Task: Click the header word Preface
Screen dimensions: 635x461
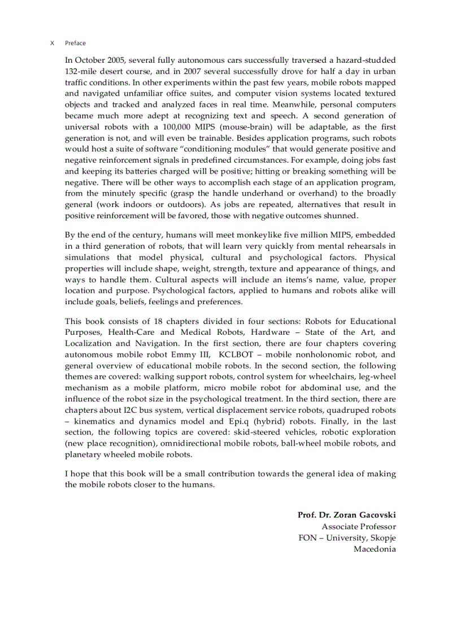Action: tap(75, 43)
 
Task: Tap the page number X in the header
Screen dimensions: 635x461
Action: tap(53, 43)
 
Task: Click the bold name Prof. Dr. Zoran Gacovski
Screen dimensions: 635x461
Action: tap(346, 515)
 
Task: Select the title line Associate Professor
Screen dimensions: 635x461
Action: tap(359, 526)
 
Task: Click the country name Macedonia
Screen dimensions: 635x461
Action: tap(375, 549)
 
